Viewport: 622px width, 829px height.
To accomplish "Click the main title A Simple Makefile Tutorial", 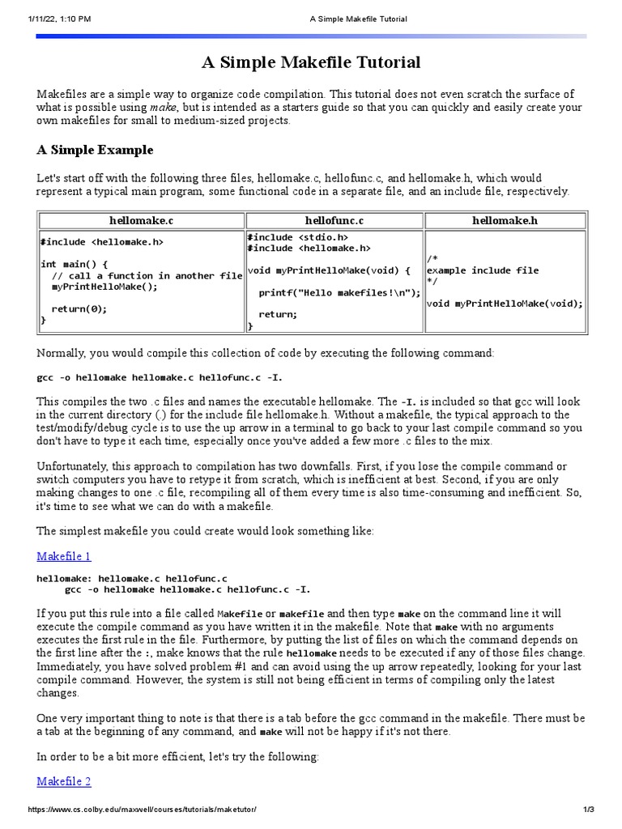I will click(x=311, y=62).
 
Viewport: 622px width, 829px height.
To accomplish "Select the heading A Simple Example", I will click(x=95, y=151).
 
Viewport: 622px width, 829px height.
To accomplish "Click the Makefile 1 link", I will click(x=64, y=556).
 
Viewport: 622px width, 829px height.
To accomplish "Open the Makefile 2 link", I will click(x=64, y=781).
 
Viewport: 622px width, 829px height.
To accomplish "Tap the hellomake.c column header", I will click(x=141, y=219).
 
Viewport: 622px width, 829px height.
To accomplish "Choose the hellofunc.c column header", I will click(x=334, y=219).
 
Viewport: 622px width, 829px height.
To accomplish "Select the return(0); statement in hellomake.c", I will click(x=79, y=308).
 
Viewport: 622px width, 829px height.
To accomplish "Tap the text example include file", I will click(x=482, y=270).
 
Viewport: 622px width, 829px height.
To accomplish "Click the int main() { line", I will click(x=74, y=264).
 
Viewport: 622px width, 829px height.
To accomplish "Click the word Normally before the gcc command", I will click(x=61, y=354).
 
